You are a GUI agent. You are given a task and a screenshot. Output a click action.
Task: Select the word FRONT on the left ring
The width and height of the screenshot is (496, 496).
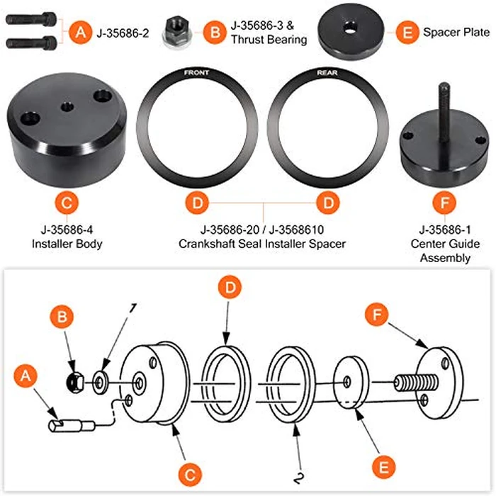[x=196, y=73]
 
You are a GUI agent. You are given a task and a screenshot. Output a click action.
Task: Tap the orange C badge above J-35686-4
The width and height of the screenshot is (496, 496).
[x=65, y=203]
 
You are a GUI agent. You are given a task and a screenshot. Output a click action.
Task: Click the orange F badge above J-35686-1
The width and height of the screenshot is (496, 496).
[x=444, y=203]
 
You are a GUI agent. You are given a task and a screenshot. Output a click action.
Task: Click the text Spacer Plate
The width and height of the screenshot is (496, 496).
[x=456, y=32]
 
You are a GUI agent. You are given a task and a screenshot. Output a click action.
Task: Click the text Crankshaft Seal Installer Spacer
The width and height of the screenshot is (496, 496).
[x=264, y=244]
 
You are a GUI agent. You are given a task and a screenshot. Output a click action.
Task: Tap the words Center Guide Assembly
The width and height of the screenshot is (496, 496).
[x=445, y=251]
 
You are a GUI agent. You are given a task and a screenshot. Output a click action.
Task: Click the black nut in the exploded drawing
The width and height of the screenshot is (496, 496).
[x=73, y=381]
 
